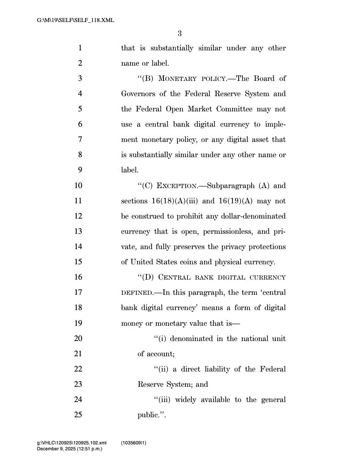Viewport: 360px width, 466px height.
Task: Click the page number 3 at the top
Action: tap(180, 33)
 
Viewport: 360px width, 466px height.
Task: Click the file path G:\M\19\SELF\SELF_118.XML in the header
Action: tap(76, 20)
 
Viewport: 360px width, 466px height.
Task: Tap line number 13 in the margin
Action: tap(78, 231)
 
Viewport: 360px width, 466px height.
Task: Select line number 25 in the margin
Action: tap(78, 415)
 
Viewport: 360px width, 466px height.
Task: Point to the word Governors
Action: tap(138, 94)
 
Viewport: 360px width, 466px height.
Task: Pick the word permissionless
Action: tap(230, 231)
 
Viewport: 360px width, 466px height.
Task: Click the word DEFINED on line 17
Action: tap(136, 293)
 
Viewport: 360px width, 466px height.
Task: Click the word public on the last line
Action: tap(148, 415)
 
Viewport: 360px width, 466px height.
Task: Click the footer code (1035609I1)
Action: tap(133, 443)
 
